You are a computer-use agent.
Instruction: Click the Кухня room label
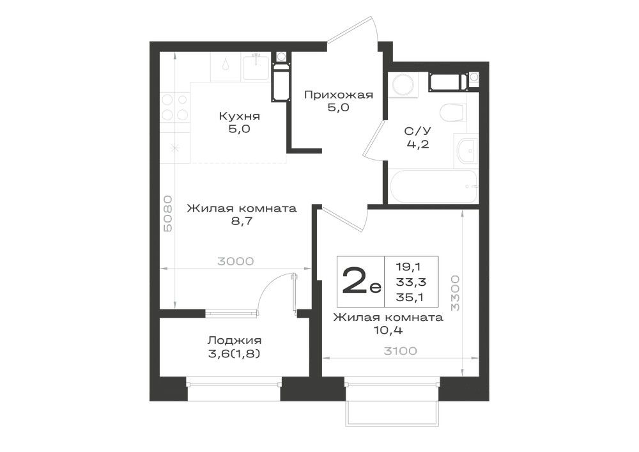pos(239,116)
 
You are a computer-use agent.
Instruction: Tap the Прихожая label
pos(339,95)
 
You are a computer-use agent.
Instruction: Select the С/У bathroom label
pos(417,131)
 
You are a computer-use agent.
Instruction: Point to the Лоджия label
pos(235,340)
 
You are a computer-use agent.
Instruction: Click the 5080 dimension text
pos(167,214)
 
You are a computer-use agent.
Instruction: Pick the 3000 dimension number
pos(236,261)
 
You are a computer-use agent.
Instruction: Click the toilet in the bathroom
pos(453,113)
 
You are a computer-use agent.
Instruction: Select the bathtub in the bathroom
pos(434,186)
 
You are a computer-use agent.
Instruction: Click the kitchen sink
pos(256,66)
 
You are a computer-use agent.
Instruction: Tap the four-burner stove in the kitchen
pos(175,107)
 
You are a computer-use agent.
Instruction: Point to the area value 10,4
pos(389,331)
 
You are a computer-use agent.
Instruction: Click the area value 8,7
pos(242,222)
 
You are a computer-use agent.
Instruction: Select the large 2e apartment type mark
pos(362,281)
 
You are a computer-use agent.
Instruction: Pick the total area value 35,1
pos(410,297)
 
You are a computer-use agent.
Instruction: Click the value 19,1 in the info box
pos(408,267)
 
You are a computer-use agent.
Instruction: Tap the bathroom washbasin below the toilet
pos(465,150)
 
